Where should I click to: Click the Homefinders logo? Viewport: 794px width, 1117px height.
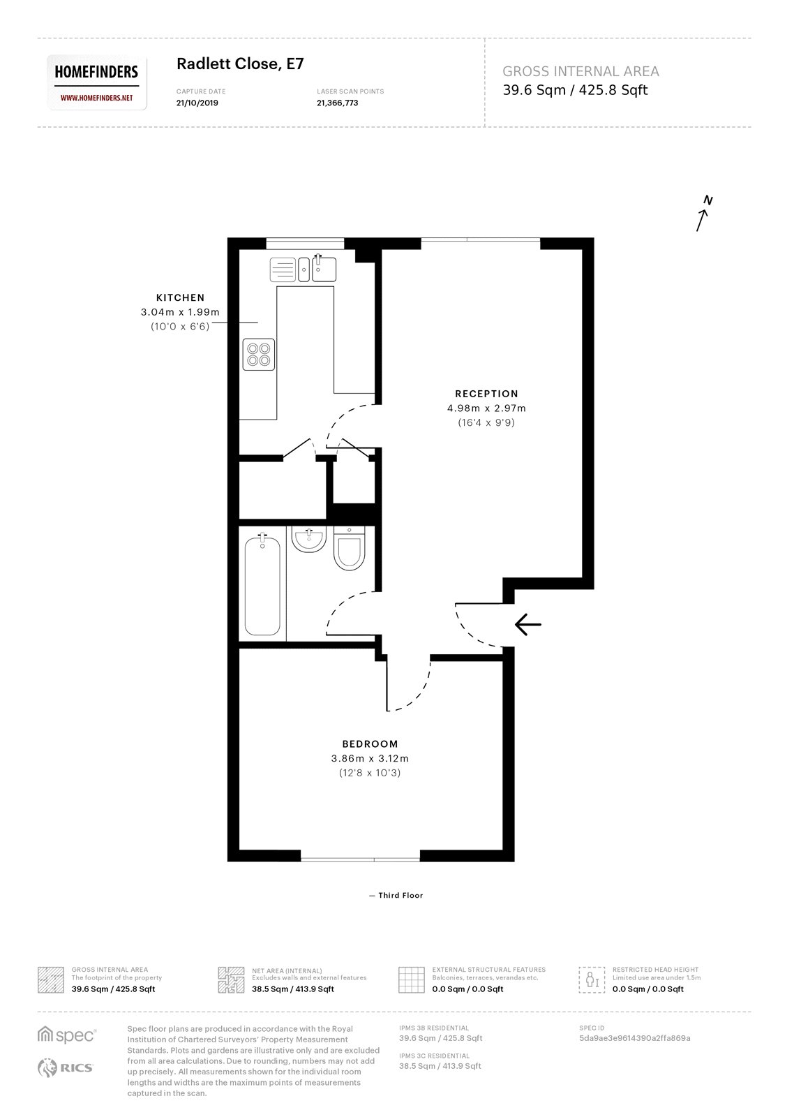[x=97, y=82]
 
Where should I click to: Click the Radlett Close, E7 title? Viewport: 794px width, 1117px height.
[x=240, y=64]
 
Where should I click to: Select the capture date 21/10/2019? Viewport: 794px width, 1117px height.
[x=197, y=103]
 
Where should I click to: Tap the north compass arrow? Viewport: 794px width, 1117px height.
[x=703, y=214]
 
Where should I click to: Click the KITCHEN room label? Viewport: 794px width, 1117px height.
[x=180, y=297]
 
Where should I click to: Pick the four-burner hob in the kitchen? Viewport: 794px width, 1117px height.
[x=258, y=354]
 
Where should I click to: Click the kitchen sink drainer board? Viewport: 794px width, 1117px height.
[x=283, y=269]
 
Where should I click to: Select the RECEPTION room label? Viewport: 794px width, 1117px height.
[x=486, y=394]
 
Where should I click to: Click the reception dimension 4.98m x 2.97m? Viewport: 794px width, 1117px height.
[x=486, y=408]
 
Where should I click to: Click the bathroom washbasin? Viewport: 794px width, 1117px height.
[x=308, y=539]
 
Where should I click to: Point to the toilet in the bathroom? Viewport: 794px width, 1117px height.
[x=349, y=549]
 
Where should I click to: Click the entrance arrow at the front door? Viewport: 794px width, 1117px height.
[x=527, y=624]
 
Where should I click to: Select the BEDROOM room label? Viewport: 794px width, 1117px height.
[x=370, y=744]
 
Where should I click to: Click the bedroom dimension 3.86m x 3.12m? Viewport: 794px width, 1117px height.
[x=370, y=759]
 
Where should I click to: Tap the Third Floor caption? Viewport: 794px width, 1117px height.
[x=400, y=896]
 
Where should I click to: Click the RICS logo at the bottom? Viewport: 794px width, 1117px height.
[x=65, y=1067]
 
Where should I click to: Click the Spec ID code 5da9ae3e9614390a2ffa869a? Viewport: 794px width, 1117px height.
[x=634, y=1038]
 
